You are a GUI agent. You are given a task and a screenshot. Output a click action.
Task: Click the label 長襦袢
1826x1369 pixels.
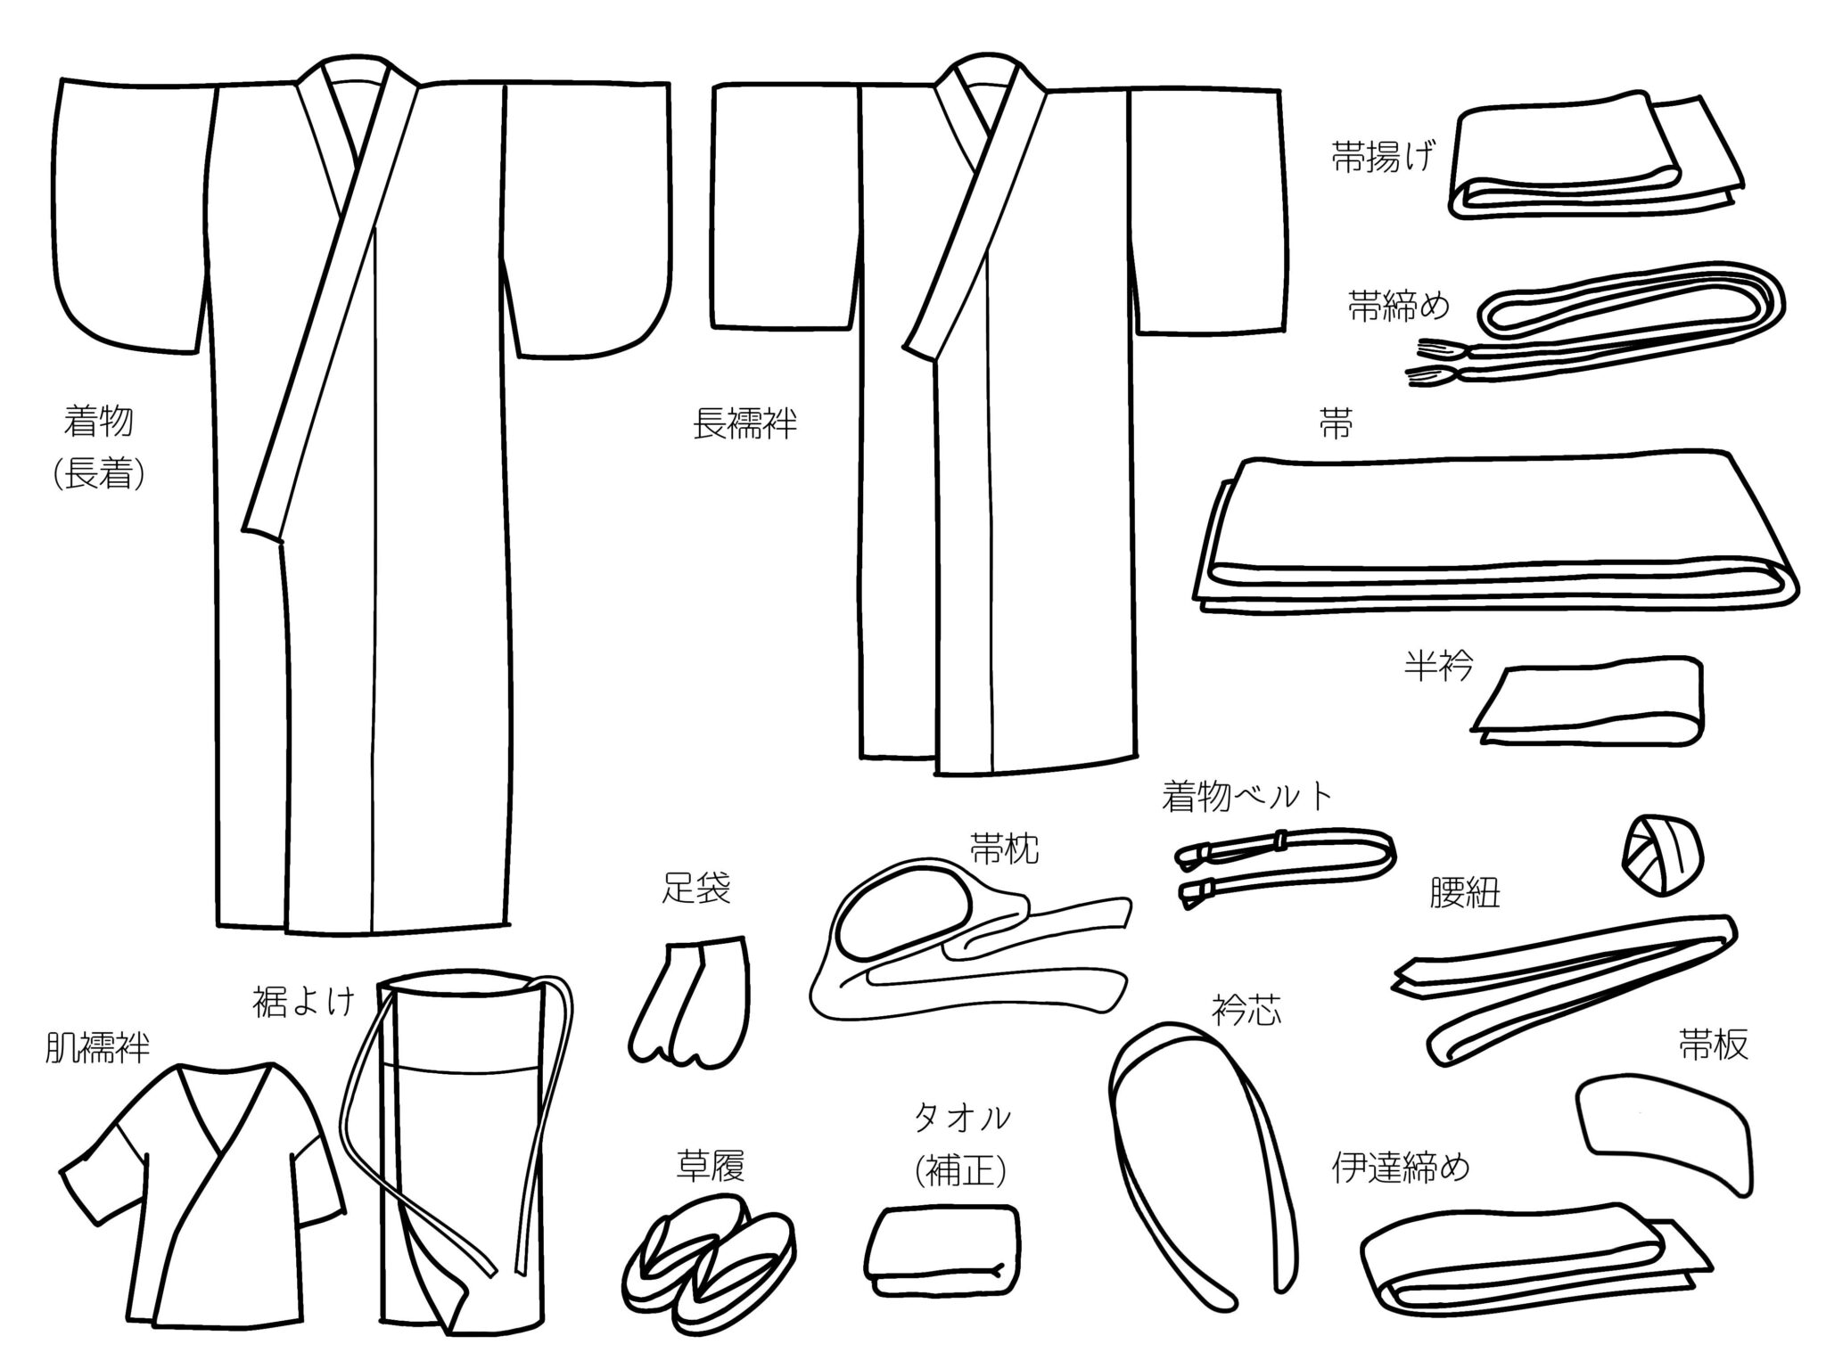pyautogui.click(x=744, y=425)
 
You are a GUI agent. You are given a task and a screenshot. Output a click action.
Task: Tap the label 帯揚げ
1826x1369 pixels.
pyautogui.click(x=1384, y=159)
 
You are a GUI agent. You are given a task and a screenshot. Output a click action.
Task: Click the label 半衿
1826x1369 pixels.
pyautogui.click(x=1438, y=666)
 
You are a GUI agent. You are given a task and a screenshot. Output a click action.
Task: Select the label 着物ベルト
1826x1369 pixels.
pyautogui.click(x=1246, y=796)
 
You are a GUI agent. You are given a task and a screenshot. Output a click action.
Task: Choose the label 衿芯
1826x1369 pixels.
pyautogui.click(x=1246, y=1012)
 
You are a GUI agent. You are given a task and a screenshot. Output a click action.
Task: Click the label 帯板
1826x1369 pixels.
pyautogui.click(x=1713, y=1045)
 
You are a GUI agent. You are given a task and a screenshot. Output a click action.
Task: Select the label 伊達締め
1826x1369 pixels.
pyautogui.click(x=1400, y=1167)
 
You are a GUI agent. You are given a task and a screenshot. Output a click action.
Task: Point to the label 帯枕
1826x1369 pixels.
pyautogui.click(x=1005, y=849)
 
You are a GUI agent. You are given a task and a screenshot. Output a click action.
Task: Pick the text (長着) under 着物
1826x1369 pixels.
pyautogui.click(x=99, y=473)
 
